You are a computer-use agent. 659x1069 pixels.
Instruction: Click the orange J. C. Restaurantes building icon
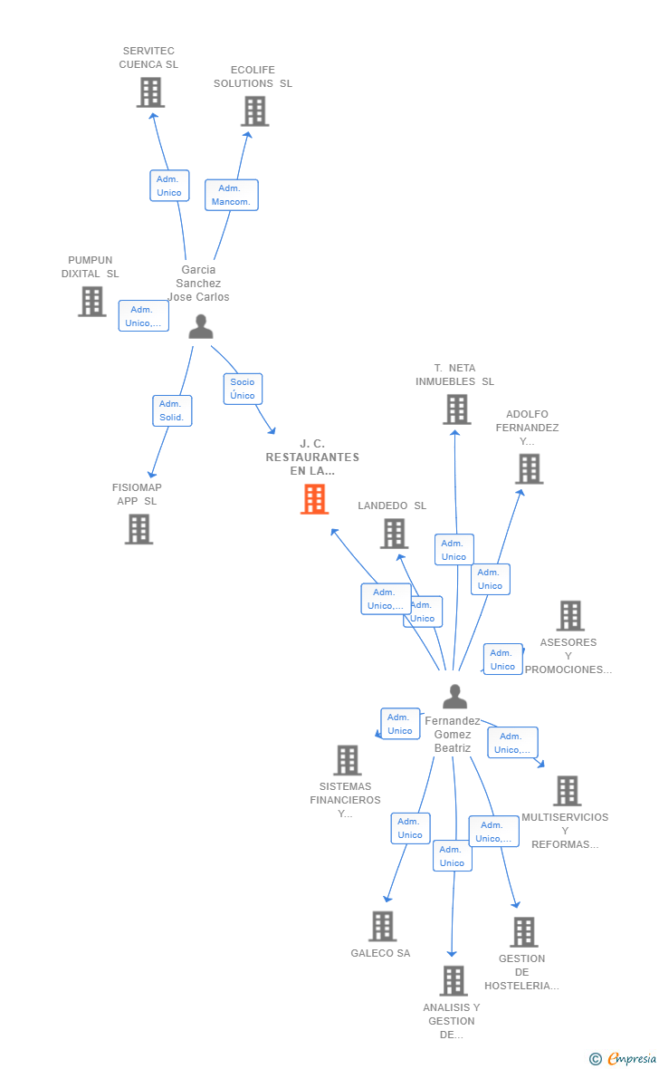(314, 499)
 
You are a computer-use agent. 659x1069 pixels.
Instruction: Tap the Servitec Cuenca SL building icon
(150, 92)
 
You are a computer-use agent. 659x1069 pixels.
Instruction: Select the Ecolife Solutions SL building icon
(255, 111)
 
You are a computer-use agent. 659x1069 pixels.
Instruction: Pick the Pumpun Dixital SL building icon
(92, 302)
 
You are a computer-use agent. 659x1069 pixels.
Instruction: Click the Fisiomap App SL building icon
(139, 529)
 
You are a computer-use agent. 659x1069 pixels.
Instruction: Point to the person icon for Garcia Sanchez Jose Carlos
(200, 326)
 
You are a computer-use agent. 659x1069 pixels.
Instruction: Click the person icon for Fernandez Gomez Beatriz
(454, 696)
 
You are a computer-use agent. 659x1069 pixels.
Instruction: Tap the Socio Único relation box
(243, 389)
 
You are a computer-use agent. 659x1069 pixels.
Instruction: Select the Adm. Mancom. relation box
(231, 195)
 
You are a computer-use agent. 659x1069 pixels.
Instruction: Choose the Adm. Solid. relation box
(172, 410)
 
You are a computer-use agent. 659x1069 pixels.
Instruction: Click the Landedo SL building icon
(394, 534)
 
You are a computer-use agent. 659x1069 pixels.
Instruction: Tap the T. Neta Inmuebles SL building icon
(456, 409)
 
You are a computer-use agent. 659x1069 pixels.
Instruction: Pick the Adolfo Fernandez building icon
(529, 469)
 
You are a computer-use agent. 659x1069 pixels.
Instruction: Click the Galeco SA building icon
(382, 926)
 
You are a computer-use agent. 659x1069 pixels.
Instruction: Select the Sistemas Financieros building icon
(347, 760)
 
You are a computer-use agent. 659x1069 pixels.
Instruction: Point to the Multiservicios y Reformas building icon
(567, 791)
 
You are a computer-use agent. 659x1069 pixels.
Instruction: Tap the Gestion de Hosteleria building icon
(524, 932)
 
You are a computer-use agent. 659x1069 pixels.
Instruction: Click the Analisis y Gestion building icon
(454, 980)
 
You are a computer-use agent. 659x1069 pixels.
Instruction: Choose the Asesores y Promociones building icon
(570, 616)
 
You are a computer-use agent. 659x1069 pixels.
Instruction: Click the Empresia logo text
(632, 1058)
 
